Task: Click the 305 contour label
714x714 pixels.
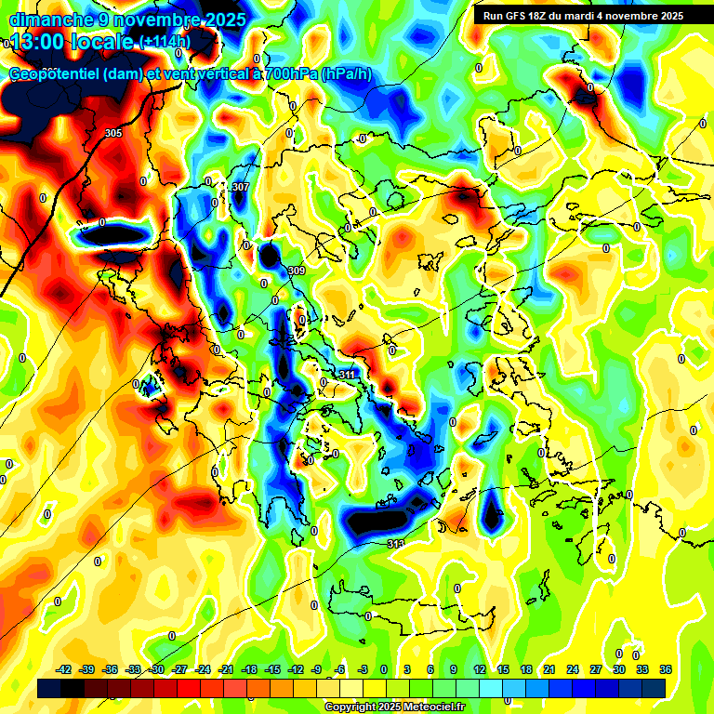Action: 113,134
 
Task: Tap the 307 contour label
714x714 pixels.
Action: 241,187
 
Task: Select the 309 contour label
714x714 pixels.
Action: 297,271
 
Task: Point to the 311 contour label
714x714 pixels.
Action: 347,375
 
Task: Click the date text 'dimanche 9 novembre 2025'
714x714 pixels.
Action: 127,20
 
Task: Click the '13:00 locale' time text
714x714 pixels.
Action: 71,42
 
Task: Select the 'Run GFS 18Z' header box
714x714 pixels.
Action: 583,16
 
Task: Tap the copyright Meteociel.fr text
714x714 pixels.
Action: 394,707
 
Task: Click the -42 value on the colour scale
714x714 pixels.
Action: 65,669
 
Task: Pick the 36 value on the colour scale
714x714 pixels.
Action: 666,669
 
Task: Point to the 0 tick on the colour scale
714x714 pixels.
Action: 384,669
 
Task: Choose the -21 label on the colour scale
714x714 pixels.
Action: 226,669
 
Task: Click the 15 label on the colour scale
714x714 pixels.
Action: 502,669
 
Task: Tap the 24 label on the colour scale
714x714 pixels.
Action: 572,669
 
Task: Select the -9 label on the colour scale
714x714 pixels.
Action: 316,669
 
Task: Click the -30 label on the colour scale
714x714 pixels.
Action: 157,669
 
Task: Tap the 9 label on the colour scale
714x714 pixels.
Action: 454,669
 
